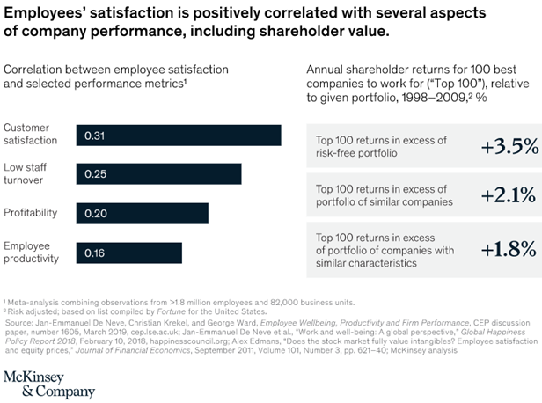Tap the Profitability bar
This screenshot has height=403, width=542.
click(x=142, y=213)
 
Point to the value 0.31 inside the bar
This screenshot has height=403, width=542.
click(x=95, y=136)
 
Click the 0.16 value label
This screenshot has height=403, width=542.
click(x=94, y=253)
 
